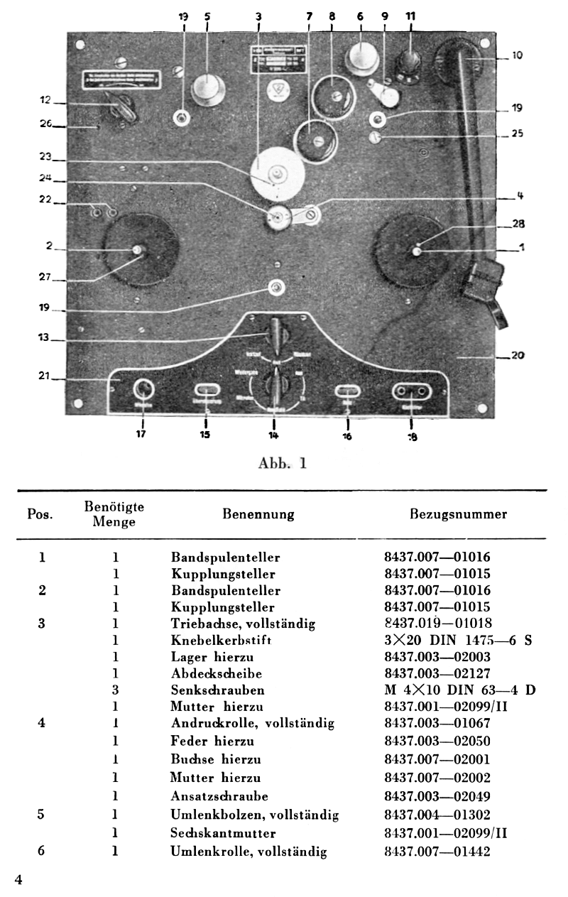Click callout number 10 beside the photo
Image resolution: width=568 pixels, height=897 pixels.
click(x=518, y=55)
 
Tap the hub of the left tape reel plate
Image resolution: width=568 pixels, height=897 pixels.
click(x=138, y=250)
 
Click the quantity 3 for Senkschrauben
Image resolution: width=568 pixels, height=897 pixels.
click(x=114, y=689)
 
